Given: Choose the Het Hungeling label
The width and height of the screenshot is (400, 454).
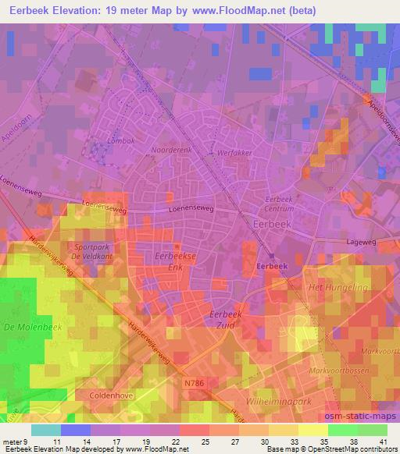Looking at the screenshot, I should [338, 288].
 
